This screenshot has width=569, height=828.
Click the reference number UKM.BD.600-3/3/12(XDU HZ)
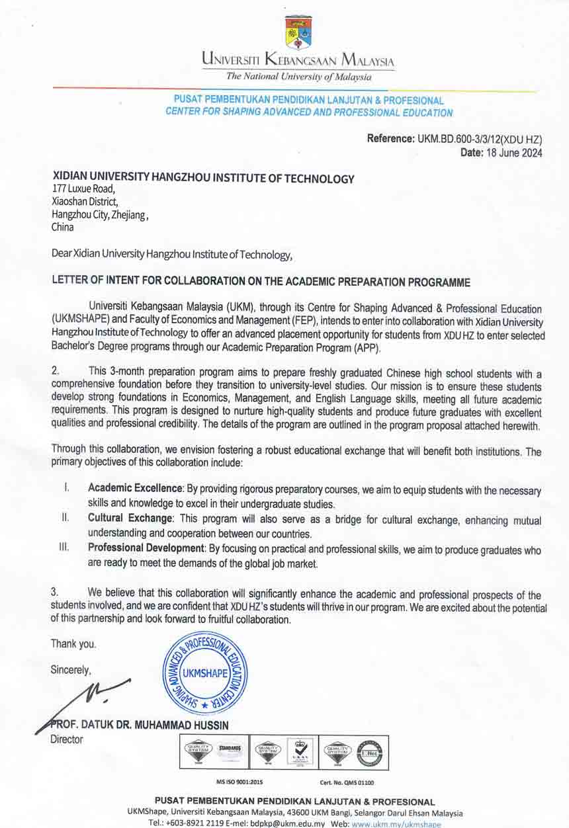[480, 140]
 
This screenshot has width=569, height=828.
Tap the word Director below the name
[67, 739]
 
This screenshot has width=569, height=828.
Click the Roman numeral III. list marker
[65, 548]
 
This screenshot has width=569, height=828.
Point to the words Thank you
[73, 643]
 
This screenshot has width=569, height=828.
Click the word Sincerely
[71, 670]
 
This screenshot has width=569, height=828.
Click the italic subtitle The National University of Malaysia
[298, 77]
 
